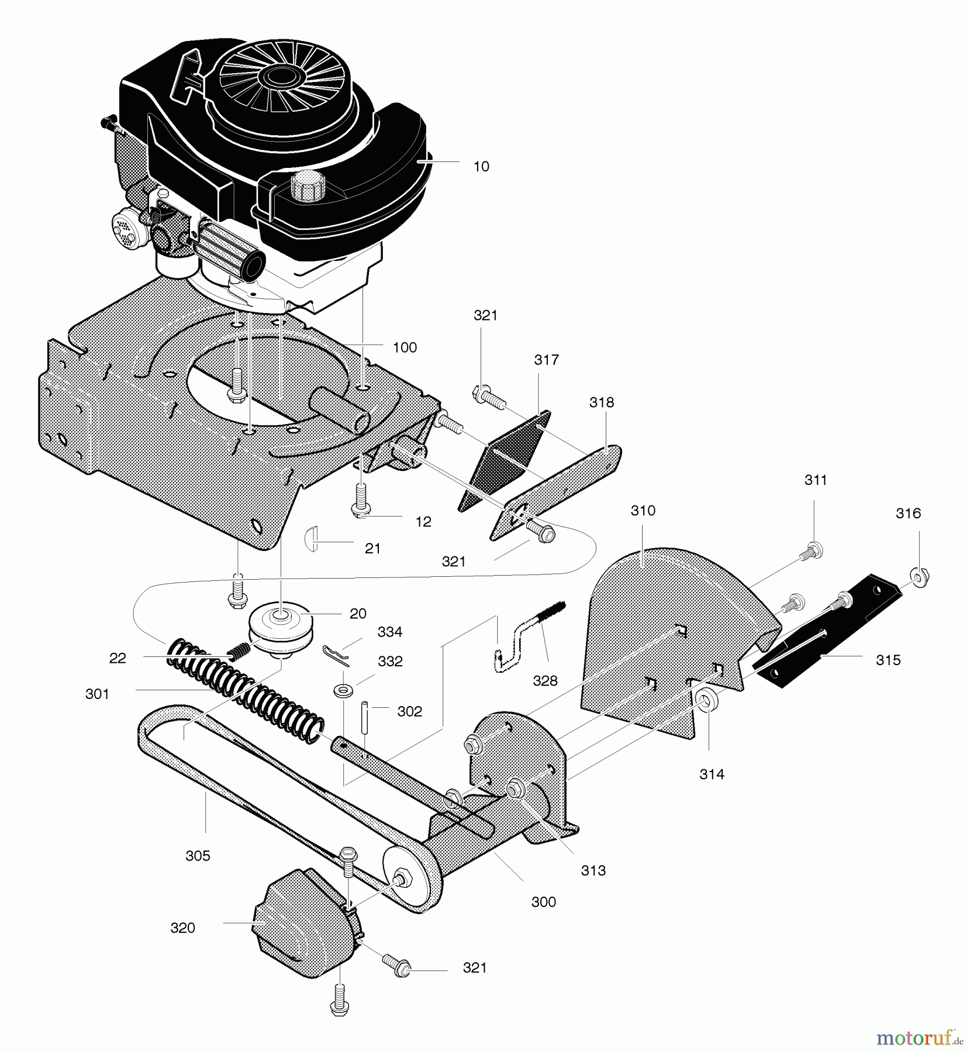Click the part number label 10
click(x=481, y=167)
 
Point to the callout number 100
click(x=405, y=347)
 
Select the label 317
click(x=546, y=360)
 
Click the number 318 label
click(x=602, y=402)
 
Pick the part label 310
click(x=643, y=511)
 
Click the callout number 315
click(x=888, y=660)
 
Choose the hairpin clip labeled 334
click(x=336, y=656)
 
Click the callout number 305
click(x=198, y=856)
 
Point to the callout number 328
click(x=545, y=681)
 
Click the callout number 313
click(x=593, y=870)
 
